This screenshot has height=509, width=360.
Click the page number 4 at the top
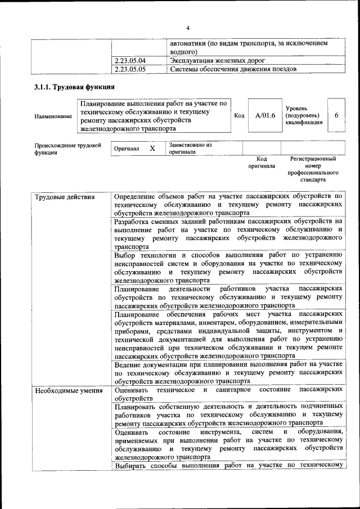coord(188,28)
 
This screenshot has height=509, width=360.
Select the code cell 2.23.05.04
coord(129,61)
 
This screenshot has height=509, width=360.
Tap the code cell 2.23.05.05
coord(129,69)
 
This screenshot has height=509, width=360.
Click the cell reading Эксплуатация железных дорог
coord(214,61)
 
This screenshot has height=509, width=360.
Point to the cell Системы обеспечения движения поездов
coord(233,69)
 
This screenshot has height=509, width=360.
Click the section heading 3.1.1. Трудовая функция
coord(74,87)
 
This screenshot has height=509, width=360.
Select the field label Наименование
coord(53,116)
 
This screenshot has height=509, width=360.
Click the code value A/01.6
coord(265,115)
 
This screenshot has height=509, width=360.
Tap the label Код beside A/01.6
coord(239,116)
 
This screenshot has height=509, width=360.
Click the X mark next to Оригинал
coord(152,148)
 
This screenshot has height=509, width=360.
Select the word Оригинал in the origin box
coord(127,149)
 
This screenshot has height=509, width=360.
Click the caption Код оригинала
coord(262,163)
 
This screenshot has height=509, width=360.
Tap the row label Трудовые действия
coord(65,197)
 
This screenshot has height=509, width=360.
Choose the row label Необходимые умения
coord(69,391)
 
